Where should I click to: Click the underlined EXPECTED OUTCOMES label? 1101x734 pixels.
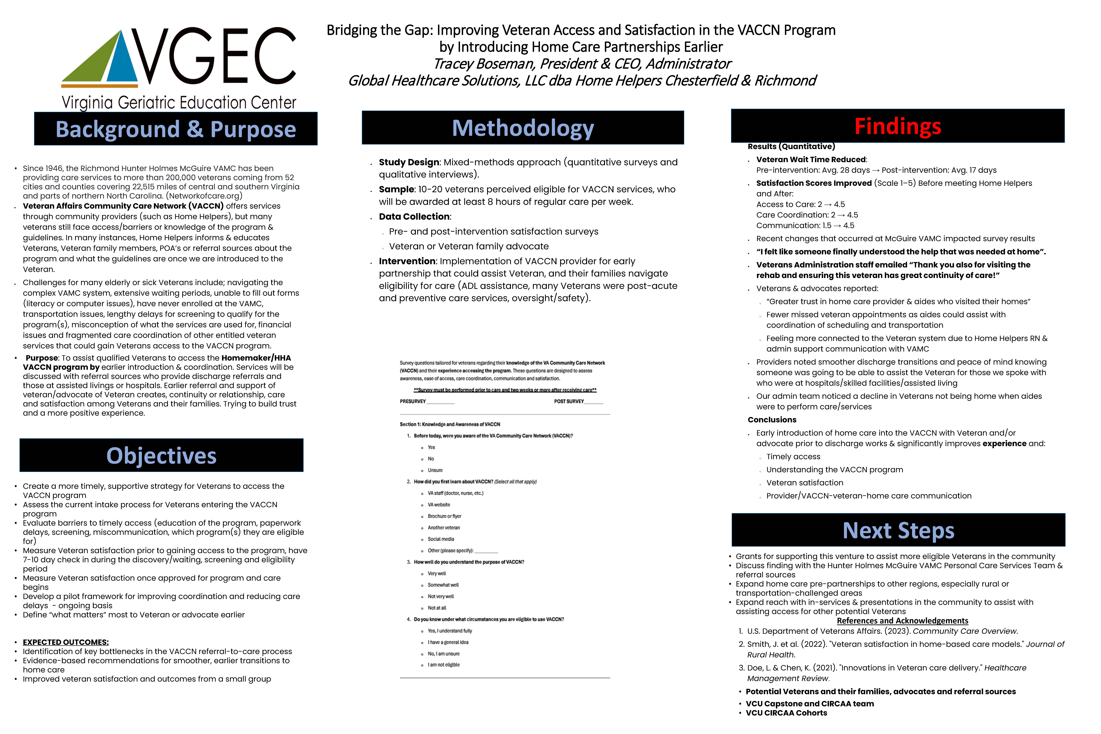[x=65, y=642]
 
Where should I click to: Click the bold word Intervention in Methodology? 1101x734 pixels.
[x=407, y=261]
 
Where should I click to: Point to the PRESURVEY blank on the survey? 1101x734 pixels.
[x=440, y=402]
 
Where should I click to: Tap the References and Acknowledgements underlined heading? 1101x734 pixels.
[x=902, y=621]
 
